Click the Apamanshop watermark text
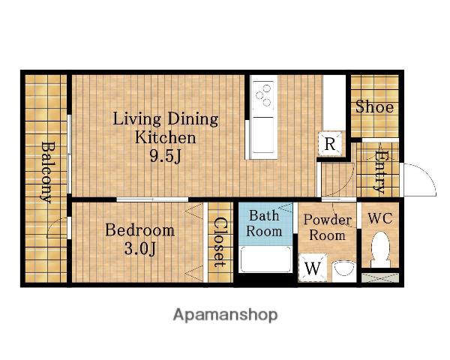[225, 315]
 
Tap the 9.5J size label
[166, 157]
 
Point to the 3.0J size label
[140, 248]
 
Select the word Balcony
[46, 172]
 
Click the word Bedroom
[139, 230]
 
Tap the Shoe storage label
[374, 106]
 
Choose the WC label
[380, 218]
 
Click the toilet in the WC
[380, 250]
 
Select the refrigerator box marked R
[330, 143]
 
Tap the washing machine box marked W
[313, 268]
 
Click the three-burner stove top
[263, 95]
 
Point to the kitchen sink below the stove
[263, 135]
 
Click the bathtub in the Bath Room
[265, 259]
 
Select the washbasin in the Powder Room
[343, 271]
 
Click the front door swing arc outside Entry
[425, 175]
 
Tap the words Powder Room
[328, 227]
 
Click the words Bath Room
[264, 223]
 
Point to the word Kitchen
[165, 138]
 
